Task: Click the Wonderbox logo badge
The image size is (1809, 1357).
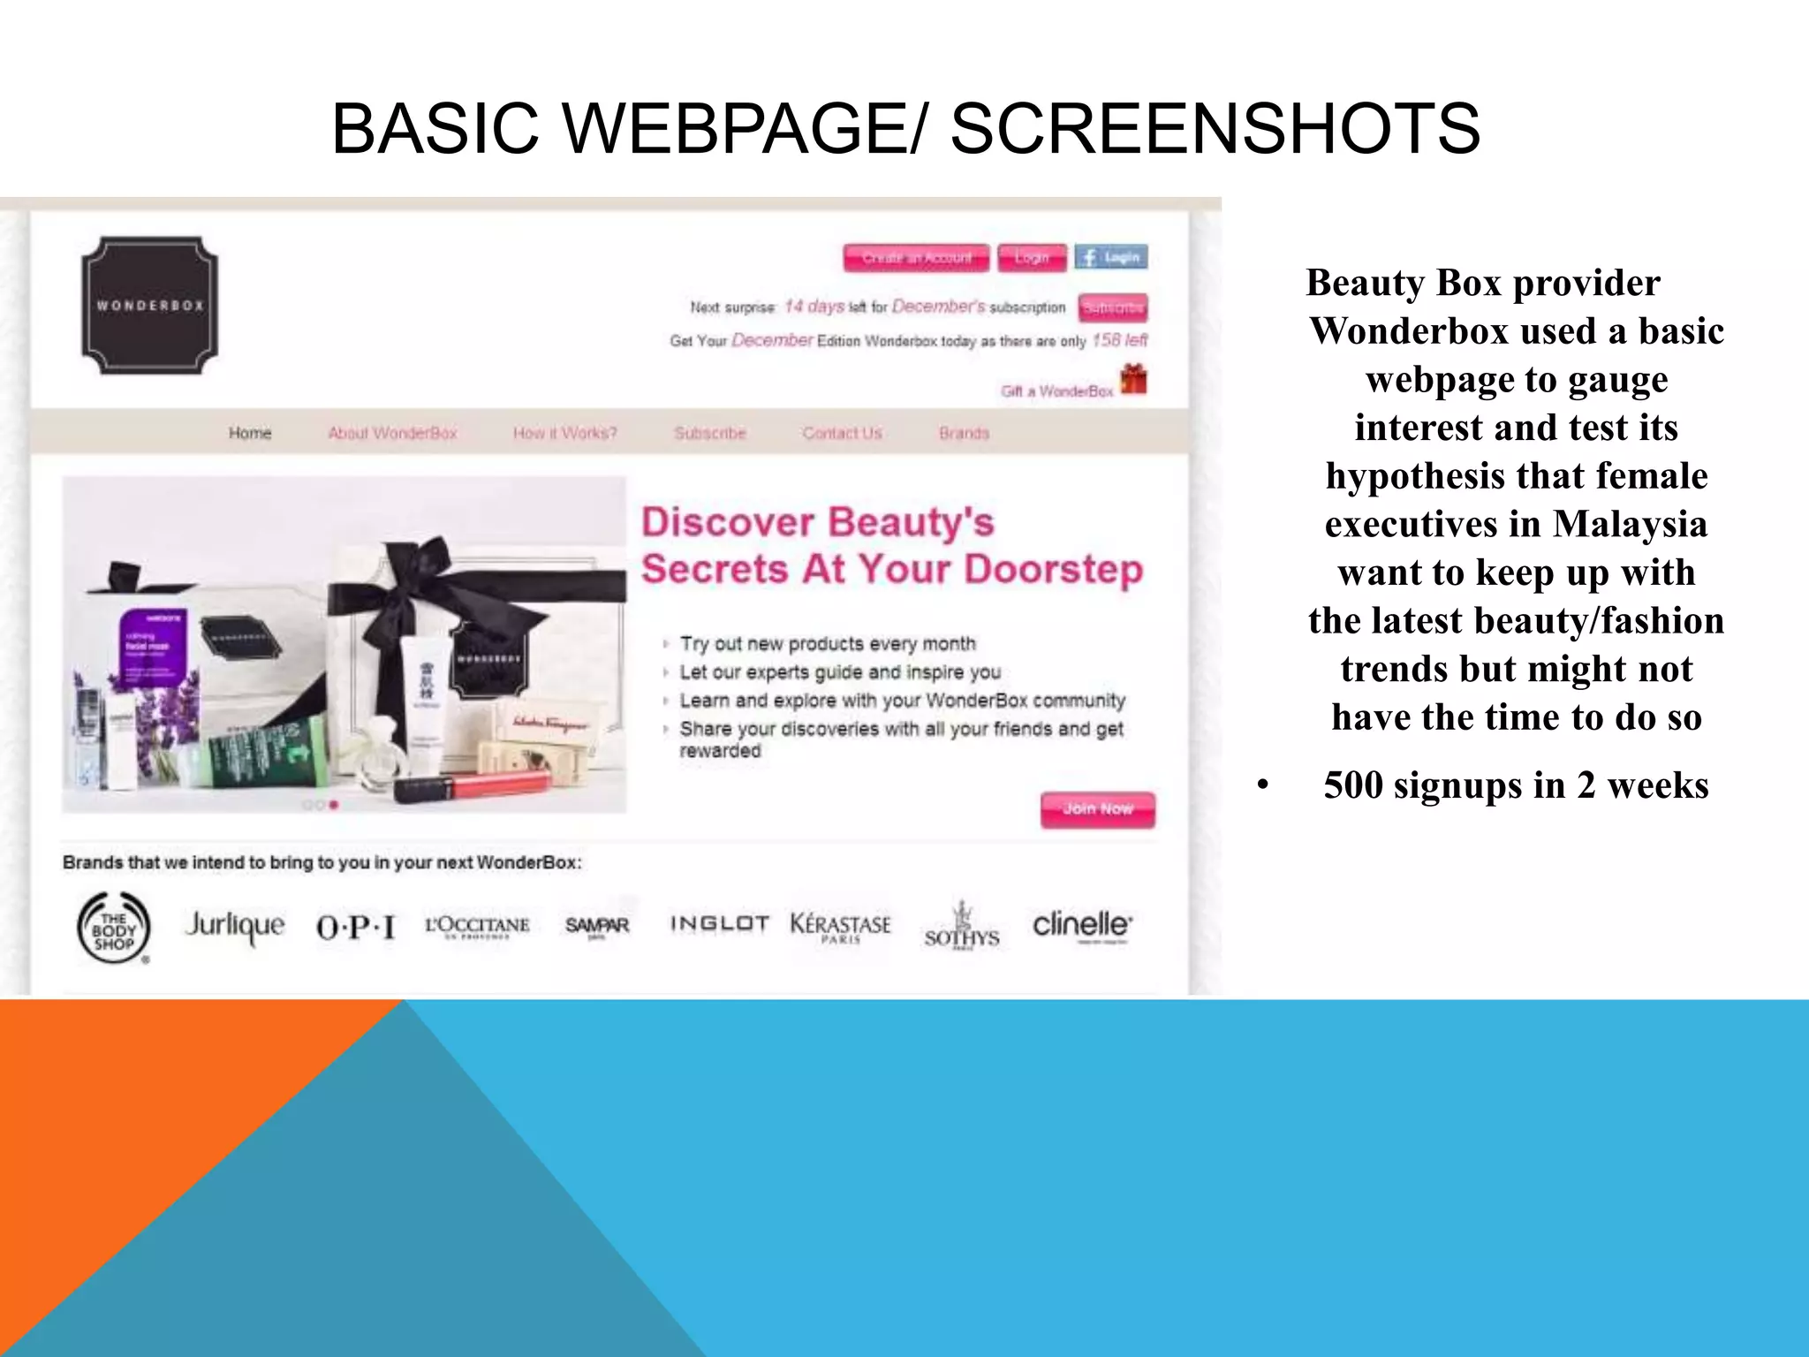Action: pyautogui.click(x=149, y=305)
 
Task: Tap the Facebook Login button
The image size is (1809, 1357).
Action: pyautogui.click(x=1111, y=257)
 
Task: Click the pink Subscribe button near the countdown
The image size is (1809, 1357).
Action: pyautogui.click(x=1113, y=307)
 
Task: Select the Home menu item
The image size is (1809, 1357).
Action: pyautogui.click(x=250, y=433)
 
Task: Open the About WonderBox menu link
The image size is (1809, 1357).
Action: pyautogui.click(x=392, y=433)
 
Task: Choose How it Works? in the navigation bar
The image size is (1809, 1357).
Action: pyautogui.click(x=564, y=433)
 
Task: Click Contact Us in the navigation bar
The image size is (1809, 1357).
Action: pyautogui.click(x=842, y=433)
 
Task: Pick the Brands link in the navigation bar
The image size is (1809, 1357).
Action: pyautogui.click(x=964, y=433)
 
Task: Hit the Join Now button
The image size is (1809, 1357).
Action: pyautogui.click(x=1097, y=809)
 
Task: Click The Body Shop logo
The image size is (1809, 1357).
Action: pyautogui.click(x=114, y=928)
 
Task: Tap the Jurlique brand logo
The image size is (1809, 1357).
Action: pyautogui.click(x=234, y=926)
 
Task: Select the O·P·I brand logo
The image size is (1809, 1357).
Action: pyautogui.click(x=355, y=928)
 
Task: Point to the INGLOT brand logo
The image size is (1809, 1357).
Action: pyautogui.click(x=719, y=924)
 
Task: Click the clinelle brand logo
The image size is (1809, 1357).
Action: pyautogui.click(x=1082, y=925)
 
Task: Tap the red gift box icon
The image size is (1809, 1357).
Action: pyautogui.click(x=1133, y=380)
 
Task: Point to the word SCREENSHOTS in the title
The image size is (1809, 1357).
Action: pyautogui.click(x=1215, y=129)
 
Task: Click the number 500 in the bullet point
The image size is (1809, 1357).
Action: pyautogui.click(x=1353, y=785)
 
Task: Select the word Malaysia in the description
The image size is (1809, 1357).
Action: pyautogui.click(x=1630, y=524)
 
